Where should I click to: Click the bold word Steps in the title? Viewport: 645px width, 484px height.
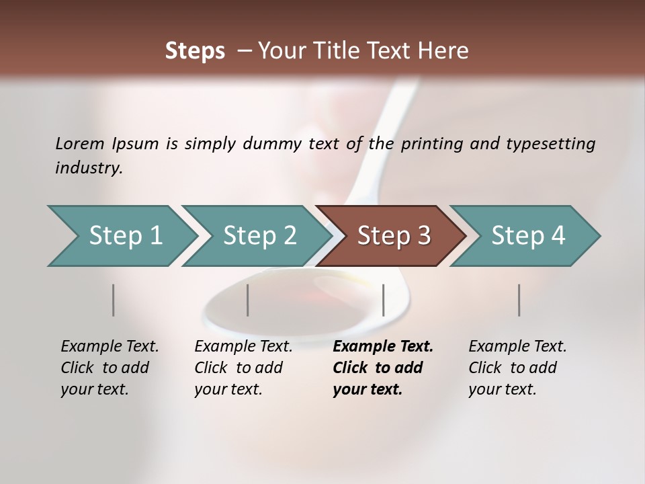(x=195, y=51)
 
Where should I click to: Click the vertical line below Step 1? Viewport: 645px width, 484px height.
(x=114, y=300)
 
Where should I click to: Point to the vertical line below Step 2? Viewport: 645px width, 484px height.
(x=248, y=300)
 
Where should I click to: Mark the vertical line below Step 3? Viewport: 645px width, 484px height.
(x=383, y=300)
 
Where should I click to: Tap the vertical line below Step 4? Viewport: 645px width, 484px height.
(x=519, y=300)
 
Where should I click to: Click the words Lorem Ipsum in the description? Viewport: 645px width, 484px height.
(x=107, y=144)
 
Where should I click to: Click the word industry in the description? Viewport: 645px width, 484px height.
(x=89, y=168)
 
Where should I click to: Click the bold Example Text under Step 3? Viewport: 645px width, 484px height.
(x=383, y=347)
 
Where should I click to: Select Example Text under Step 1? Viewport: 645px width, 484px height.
(x=110, y=347)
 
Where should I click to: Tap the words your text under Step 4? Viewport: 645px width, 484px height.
(x=502, y=389)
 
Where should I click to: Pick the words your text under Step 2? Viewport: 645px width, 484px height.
(x=228, y=389)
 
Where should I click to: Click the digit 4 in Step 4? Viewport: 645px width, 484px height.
(x=558, y=236)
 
